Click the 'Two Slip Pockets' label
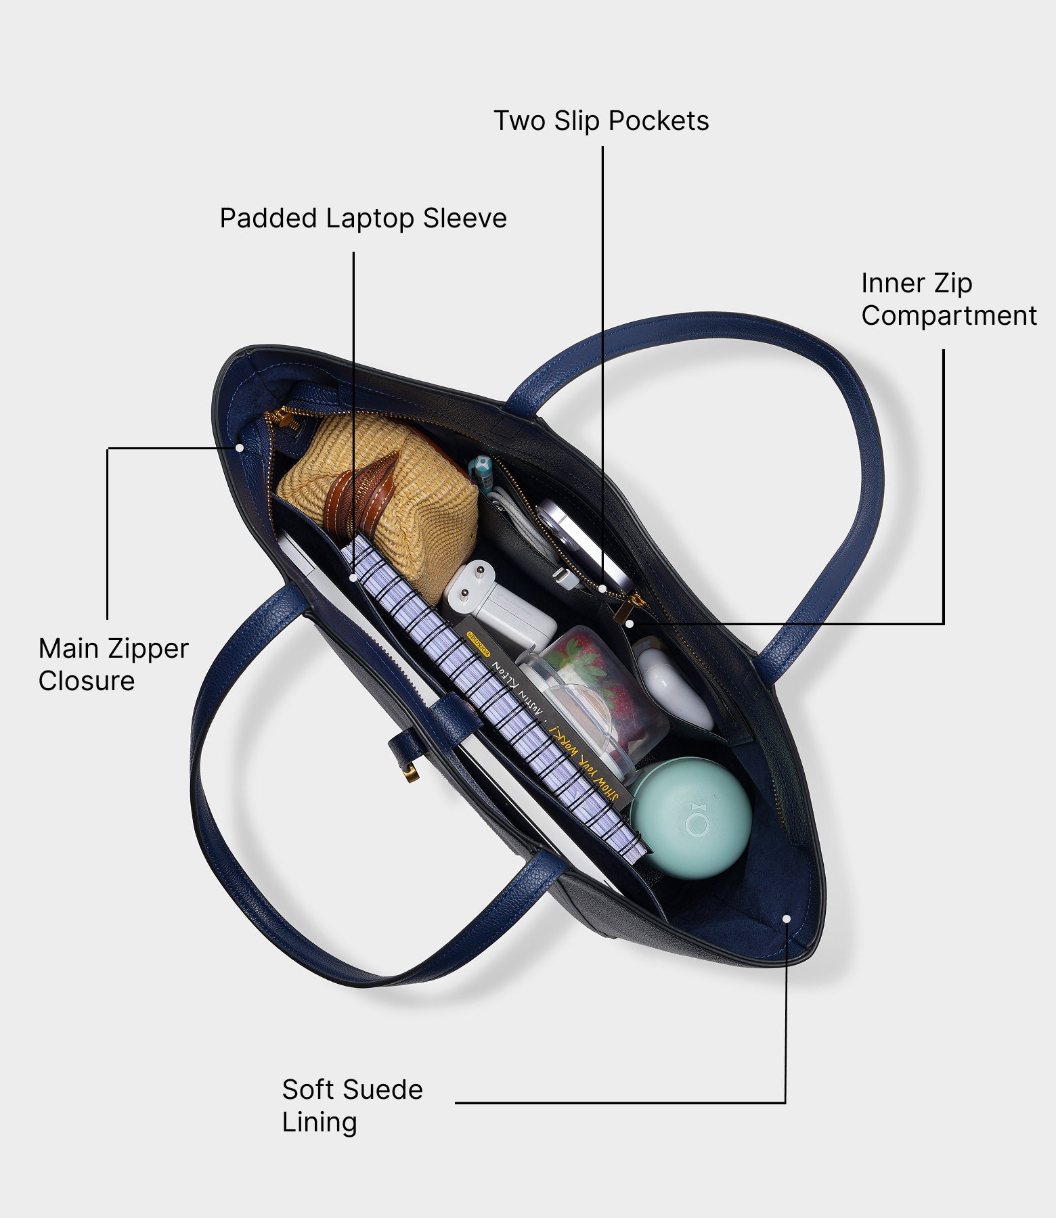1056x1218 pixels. click(x=601, y=121)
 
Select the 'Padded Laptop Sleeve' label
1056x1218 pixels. click(x=363, y=219)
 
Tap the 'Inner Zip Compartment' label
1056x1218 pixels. click(x=948, y=299)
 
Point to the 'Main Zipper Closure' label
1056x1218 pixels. click(x=113, y=664)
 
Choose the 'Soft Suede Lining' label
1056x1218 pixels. click(x=352, y=1106)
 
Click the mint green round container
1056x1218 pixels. click(x=692, y=817)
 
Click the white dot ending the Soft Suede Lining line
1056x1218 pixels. click(x=786, y=918)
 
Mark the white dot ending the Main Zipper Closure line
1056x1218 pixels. click(x=240, y=448)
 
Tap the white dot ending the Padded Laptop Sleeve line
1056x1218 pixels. click(x=353, y=578)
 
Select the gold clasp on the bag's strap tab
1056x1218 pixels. click(x=408, y=771)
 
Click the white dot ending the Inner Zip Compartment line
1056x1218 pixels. click(x=629, y=623)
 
